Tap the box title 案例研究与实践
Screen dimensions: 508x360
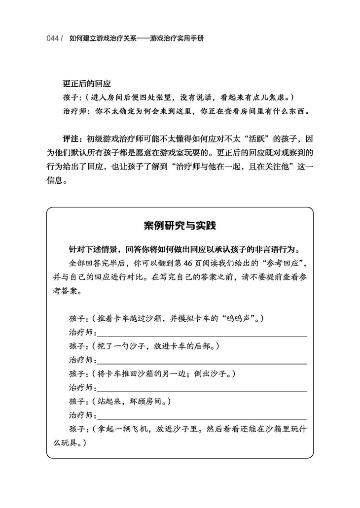[x=180, y=226]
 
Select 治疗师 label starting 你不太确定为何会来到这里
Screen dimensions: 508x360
[x=74, y=111]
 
